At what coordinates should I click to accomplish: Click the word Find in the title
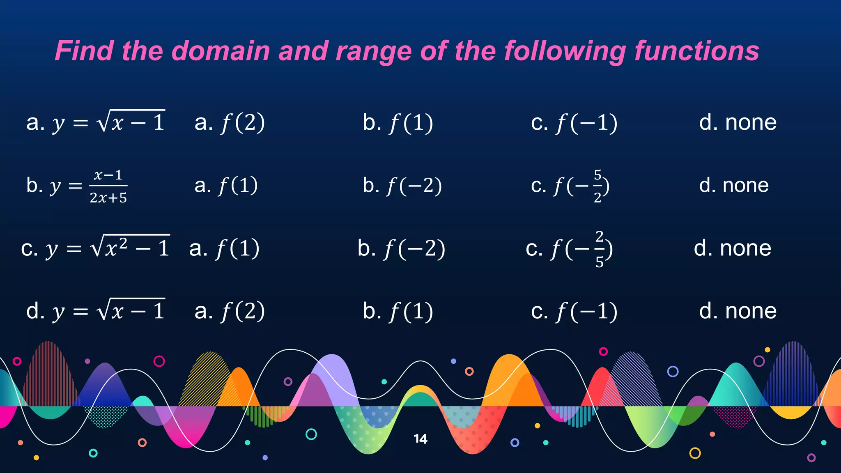pos(84,51)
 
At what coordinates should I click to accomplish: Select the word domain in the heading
pos(220,51)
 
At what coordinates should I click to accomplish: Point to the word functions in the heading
pos(697,51)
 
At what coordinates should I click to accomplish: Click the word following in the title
pos(565,52)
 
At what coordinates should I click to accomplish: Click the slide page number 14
pos(420,439)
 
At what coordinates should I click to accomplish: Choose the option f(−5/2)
pos(581,186)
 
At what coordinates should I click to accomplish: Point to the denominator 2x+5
pos(108,198)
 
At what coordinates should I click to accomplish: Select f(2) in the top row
pos(243,123)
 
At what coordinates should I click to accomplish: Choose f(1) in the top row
pos(411,123)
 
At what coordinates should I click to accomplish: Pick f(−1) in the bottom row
pos(587,311)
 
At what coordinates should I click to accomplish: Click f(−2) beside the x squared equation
pos(414,249)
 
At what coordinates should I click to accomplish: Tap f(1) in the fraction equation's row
pos(238,186)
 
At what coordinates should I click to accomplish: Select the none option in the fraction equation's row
pos(745,186)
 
